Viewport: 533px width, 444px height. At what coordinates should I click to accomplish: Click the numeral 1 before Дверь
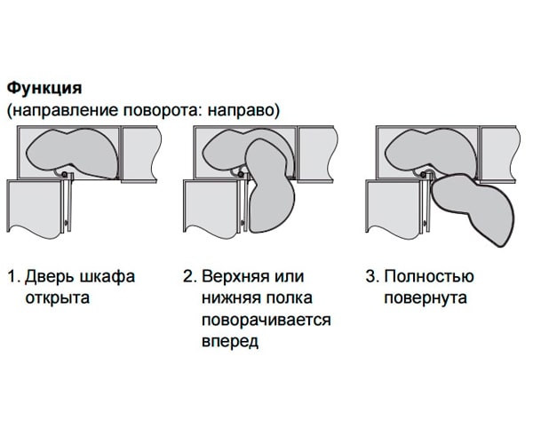tap(12, 276)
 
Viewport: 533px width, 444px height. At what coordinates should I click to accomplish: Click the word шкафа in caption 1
tap(110, 276)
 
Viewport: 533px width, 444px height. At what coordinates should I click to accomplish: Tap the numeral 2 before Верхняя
tap(187, 276)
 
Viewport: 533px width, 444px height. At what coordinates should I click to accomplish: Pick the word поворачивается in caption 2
tap(266, 319)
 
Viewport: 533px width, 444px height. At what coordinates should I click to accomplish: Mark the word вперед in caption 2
tap(230, 340)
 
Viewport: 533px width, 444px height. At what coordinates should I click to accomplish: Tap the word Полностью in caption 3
tap(429, 276)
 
